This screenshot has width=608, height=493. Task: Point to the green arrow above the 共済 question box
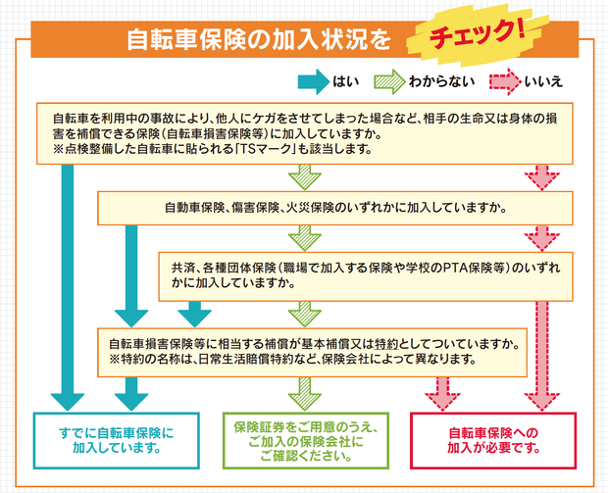(305, 237)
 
